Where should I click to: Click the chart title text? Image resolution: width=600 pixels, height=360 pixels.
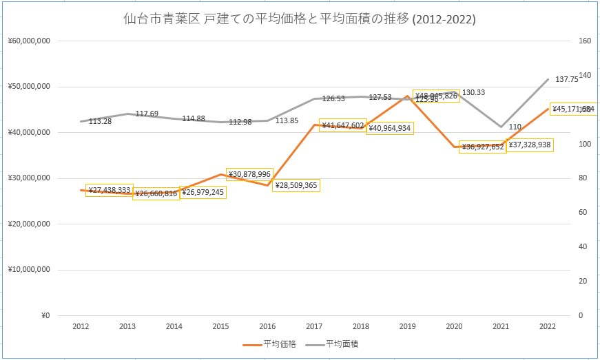299,20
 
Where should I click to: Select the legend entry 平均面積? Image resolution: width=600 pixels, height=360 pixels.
341,343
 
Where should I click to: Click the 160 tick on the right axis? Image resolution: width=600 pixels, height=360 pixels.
585,41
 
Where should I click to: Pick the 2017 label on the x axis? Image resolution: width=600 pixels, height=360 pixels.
314,326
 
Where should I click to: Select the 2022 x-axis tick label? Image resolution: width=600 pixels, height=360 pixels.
548,326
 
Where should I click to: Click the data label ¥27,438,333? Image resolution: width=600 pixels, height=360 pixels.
109,190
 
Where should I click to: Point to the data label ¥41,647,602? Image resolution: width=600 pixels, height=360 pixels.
342,125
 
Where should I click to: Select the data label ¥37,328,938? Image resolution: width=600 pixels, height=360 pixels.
530,145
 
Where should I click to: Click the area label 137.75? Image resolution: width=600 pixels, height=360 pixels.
566,80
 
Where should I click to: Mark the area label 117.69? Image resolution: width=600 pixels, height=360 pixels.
147,114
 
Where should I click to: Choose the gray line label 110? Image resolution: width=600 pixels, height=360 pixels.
515,127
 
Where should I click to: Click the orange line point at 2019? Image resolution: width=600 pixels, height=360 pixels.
408,96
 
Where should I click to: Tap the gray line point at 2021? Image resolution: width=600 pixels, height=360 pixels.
501,127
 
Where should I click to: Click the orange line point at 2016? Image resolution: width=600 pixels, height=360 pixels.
267,185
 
